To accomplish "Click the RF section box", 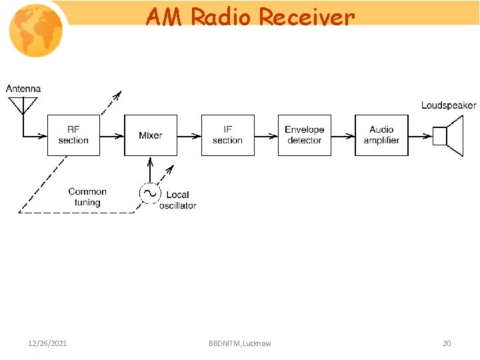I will (x=73, y=135).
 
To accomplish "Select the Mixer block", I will (x=151, y=135).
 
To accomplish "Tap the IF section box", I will (x=227, y=135).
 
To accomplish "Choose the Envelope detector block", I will (x=304, y=135).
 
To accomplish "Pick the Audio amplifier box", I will (x=381, y=135).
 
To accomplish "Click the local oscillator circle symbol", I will (x=149, y=193).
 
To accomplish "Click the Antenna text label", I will (x=23, y=89).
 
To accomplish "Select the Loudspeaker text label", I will (x=449, y=105).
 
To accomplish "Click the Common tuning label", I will (x=87, y=197).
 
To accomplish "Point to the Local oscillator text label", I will (x=177, y=200).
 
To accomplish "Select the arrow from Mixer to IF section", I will (x=189, y=136).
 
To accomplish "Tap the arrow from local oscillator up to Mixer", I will (x=150, y=169).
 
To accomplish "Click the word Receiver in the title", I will (x=307, y=17).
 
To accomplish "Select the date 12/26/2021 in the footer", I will (x=47, y=343).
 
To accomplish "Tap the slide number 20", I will (x=447, y=343).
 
